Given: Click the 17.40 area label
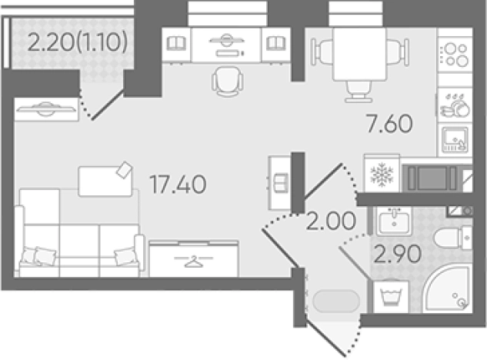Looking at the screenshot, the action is point(178,184).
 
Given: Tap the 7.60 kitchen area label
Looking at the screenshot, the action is point(389,123).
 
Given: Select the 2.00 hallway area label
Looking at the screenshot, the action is point(331,221).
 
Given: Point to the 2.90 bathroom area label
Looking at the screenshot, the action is point(398,253).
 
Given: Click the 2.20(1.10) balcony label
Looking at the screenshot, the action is point(78,42).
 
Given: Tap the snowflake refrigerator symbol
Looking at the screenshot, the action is point(382,174).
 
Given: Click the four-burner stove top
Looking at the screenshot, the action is point(455,55).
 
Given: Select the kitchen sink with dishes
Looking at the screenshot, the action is point(455,105).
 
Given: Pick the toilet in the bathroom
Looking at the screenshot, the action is point(453,238).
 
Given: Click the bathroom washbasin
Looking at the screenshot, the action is point(394,222).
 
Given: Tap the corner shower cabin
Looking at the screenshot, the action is point(448,289).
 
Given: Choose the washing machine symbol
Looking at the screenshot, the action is point(391,297).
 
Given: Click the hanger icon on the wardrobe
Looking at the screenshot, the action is point(194,262).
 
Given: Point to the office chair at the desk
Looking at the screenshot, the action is point(227,82).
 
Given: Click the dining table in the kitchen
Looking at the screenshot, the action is point(359,54).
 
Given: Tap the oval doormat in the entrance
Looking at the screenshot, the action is point(336,301).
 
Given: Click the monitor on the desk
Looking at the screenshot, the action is point(226,40).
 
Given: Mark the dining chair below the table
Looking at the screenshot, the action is point(359,92).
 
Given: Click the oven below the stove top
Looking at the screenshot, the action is point(455,140).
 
